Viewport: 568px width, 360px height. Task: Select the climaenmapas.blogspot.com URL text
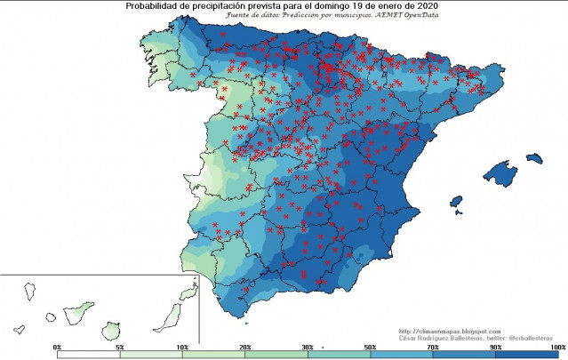(x=451, y=331)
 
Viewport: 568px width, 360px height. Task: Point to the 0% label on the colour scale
(x=58, y=345)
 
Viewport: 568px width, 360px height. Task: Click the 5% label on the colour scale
(x=120, y=345)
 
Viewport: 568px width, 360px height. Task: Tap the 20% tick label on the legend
(x=244, y=345)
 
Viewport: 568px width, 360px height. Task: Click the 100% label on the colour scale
(x=557, y=345)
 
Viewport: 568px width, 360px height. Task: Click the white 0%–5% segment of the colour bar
(x=89, y=354)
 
